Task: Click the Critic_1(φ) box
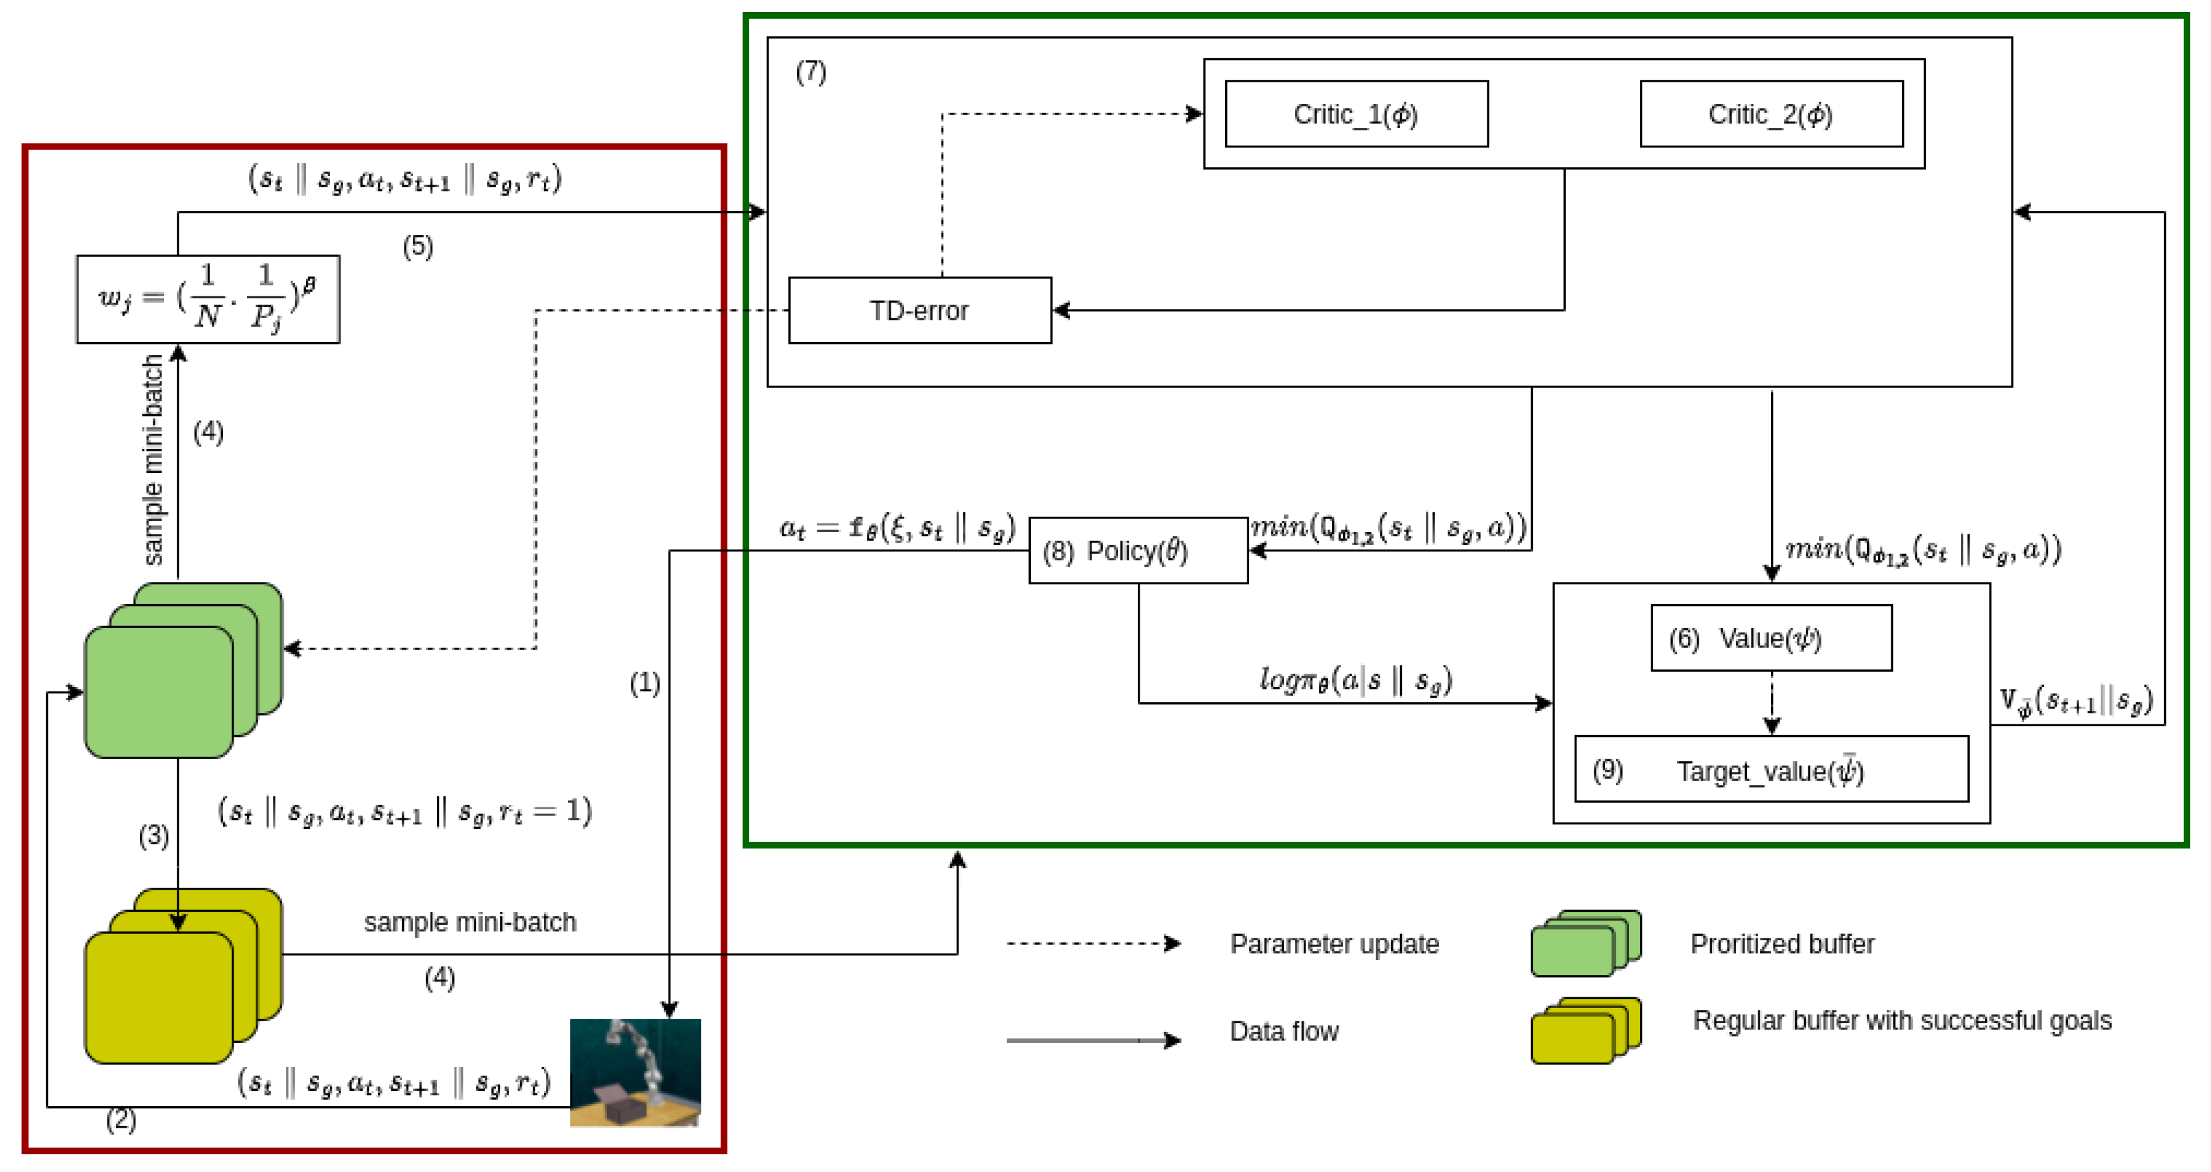click(1356, 114)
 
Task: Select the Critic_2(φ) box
click(1771, 114)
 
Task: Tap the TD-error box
click(919, 310)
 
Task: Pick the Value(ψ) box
click(1771, 638)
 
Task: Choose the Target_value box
click(1771, 769)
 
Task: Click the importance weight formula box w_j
click(208, 299)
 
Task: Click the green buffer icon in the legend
click(1585, 943)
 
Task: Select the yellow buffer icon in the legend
click(1585, 1030)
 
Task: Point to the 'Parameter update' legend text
click(1334, 943)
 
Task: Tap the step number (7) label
click(810, 72)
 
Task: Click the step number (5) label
click(418, 248)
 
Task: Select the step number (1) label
click(645, 683)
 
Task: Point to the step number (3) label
click(154, 835)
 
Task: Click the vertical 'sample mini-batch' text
click(153, 459)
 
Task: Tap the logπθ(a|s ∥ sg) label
click(1355, 680)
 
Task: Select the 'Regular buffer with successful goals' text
click(1901, 1020)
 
